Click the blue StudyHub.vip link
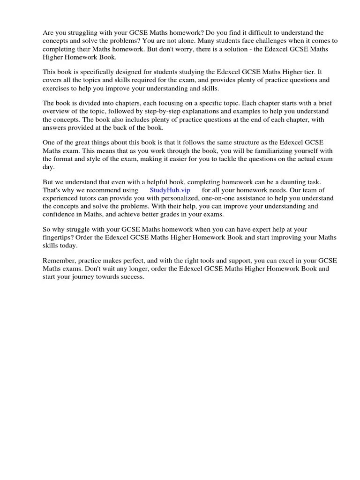[x=170, y=190]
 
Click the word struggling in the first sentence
[x=82, y=33]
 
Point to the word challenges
[x=275, y=41]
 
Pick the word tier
[x=307, y=72]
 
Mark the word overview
[x=56, y=112]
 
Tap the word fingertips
[x=59, y=238]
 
